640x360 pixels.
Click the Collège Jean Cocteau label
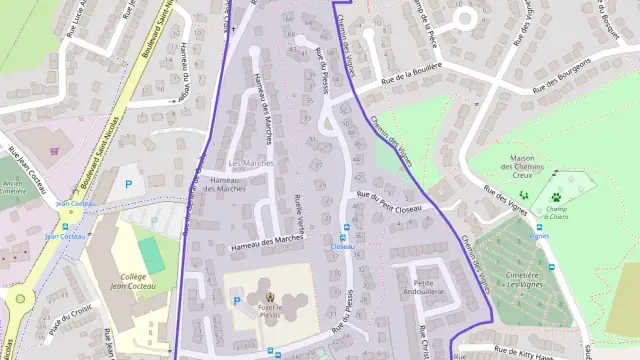(127, 283)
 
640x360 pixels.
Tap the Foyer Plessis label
(268, 308)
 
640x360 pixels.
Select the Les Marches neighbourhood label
(250, 163)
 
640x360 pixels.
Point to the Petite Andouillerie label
(430, 276)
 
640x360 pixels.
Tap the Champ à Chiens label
(556, 212)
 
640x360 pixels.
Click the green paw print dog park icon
(556, 197)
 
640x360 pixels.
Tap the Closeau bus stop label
(343, 246)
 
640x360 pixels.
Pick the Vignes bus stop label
(539, 236)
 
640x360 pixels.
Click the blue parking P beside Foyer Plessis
(236, 300)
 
